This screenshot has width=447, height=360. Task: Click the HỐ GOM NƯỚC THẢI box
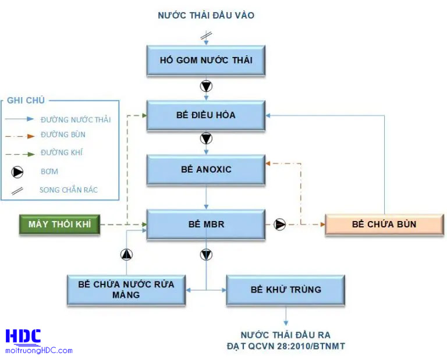click(206, 60)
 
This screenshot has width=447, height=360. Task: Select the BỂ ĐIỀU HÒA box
click(206, 115)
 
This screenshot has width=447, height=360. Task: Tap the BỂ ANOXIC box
click(206, 169)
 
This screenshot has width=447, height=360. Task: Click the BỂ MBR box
click(206, 223)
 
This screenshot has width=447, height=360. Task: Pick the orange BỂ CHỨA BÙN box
click(384, 224)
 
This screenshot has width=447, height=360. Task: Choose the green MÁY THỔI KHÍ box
click(60, 224)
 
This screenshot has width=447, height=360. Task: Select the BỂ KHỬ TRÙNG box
click(285, 290)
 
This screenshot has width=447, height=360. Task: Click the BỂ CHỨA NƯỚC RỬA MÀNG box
click(126, 290)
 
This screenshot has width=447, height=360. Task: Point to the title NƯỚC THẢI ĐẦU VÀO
click(206, 16)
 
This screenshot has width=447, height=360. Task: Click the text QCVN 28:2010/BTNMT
click(285, 347)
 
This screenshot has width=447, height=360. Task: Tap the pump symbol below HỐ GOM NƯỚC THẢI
click(206, 86)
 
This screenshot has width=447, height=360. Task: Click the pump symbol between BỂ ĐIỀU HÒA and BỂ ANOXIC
click(206, 139)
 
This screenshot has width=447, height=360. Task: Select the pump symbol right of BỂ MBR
click(280, 224)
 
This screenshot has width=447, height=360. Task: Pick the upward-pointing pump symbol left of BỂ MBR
click(127, 254)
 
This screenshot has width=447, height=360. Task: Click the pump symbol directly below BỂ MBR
click(206, 254)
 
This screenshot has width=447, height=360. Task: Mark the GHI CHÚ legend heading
click(26, 101)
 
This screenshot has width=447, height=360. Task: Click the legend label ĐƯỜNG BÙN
click(63, 134)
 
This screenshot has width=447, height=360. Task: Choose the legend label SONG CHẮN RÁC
click(69, 190)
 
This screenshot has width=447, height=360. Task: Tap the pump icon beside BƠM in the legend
click(19, 172)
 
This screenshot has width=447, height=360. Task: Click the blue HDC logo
click(23, 337)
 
